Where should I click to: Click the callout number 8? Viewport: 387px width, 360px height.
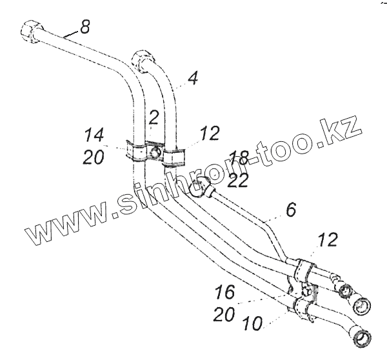point(85,26)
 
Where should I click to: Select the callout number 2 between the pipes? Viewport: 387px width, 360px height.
point(153,117)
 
